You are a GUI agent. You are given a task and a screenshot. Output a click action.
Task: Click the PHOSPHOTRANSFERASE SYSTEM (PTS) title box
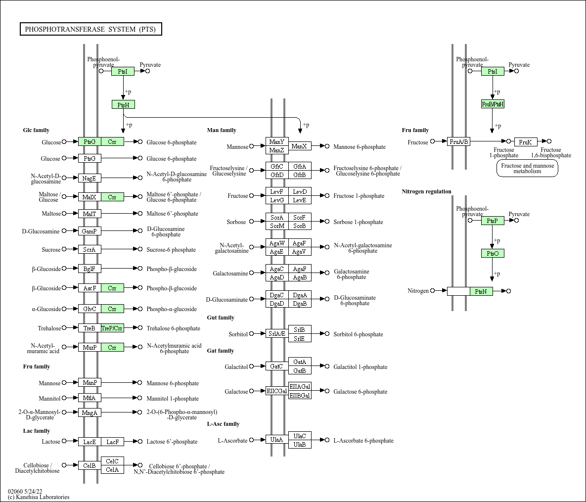(90, 29)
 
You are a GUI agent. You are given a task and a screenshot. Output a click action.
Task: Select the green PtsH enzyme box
(123, 105)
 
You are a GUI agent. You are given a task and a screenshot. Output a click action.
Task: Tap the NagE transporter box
(90, 178)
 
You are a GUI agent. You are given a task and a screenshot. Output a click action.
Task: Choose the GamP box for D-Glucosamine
(90, 231)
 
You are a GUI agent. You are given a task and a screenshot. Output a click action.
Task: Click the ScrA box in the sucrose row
(90, 250)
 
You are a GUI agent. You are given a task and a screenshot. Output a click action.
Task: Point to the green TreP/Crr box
(112, 328)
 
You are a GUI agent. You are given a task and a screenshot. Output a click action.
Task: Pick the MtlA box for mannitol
(90, 398)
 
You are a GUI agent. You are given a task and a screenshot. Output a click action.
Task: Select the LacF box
(112, 442)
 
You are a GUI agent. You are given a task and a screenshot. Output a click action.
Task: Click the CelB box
(90, 465)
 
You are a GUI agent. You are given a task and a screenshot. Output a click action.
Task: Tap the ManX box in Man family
(300, 146)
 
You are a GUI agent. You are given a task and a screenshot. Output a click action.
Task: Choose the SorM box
(277, 226)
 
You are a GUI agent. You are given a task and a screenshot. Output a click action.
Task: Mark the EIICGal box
(277, 391)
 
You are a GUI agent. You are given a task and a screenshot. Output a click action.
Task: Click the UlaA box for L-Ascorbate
(277, 440)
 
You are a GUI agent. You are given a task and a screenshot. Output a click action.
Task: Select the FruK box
(525, 142)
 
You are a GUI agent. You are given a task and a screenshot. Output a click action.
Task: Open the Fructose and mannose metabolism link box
(527, 169)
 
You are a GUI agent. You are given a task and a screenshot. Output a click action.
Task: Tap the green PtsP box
(493, 221)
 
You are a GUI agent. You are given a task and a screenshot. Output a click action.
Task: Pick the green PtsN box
(481, 291)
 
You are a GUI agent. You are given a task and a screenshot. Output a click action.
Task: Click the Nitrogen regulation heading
(426, 191)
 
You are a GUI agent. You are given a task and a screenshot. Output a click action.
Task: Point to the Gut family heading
(221, 318)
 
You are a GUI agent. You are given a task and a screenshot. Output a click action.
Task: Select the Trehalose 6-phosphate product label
(173, 328)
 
